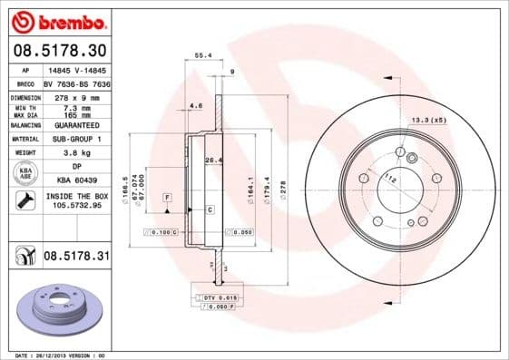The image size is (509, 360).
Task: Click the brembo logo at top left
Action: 56,21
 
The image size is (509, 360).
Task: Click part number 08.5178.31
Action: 76,258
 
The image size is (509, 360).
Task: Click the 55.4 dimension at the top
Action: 204,55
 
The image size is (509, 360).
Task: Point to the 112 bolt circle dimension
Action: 389,179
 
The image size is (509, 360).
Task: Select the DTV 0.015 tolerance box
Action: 215,297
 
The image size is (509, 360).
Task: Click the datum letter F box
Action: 167,197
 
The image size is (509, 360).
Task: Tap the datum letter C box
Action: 210,209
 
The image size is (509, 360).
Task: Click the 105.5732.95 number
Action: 76,206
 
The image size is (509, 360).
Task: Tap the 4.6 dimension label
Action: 196,106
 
